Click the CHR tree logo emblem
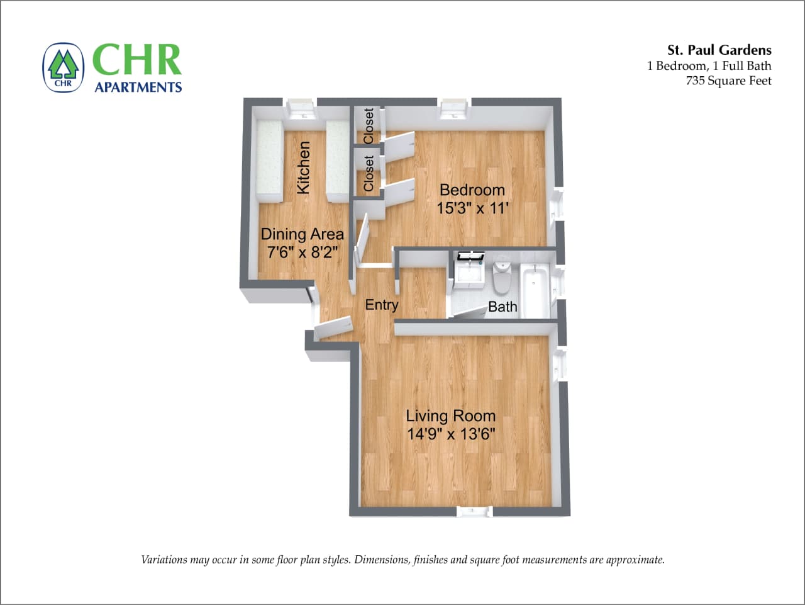(63, 67)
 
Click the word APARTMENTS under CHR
(138, 87)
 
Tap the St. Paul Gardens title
(719, 50)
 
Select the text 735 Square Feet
(728, 81)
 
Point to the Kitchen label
(303, 167)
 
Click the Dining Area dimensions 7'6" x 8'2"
(303, 252)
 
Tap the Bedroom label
(472, 189)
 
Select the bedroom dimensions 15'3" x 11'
(472, 208)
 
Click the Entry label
(382, 305)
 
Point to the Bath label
(502, 307)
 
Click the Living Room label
(450, 416)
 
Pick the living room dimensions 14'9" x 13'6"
(451, 434)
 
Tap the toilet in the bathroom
(502, 278)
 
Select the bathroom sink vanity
(469, 271)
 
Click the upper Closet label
(369, 125)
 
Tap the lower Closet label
(369, 174)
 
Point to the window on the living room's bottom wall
(474, 511)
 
